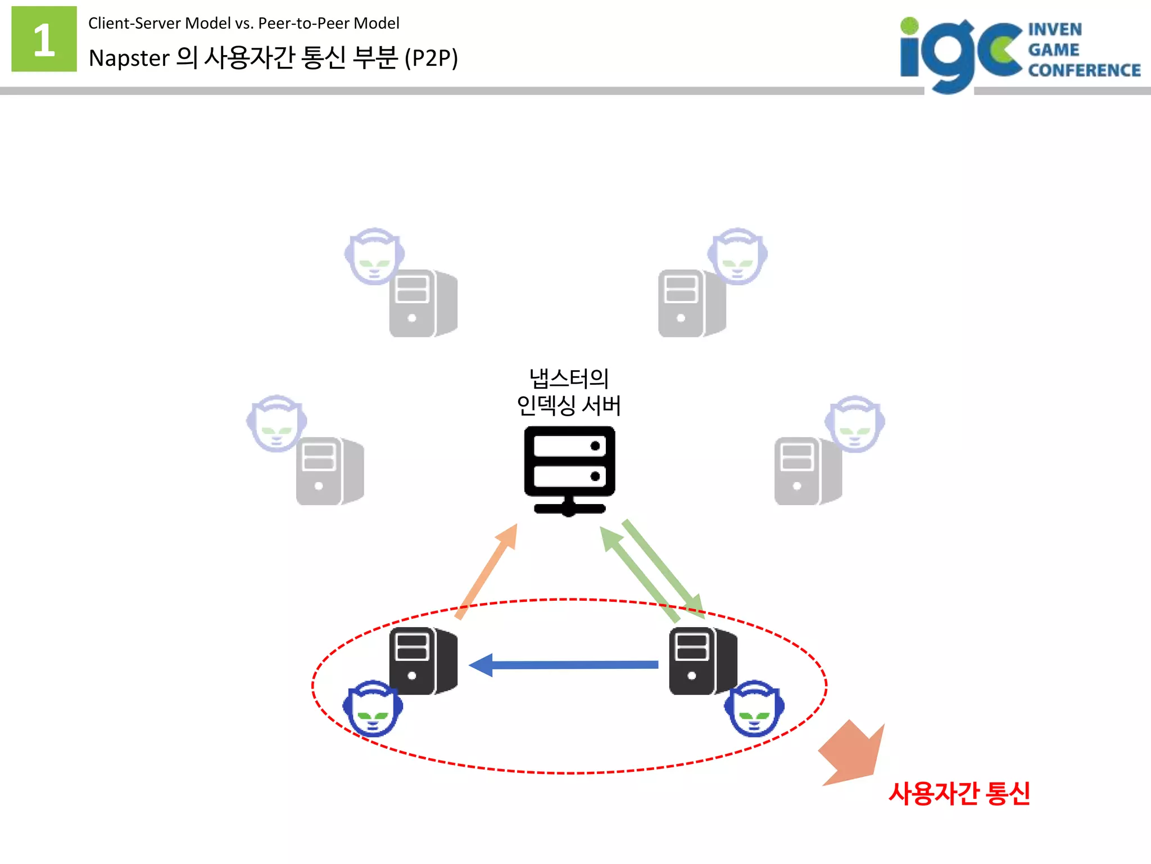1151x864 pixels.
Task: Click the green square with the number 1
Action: tap(44, 39)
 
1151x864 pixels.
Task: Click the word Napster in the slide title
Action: tap(129, 58)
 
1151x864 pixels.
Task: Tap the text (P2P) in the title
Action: tap(431, 58)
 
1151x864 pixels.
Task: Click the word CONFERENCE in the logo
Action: tap(1084, 70)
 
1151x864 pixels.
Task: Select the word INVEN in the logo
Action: tap(1054, 29)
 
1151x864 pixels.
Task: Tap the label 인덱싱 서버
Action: tap(569, 406)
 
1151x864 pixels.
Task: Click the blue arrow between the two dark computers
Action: tap(563, 665)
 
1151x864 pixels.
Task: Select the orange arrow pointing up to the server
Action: tap(487, 571)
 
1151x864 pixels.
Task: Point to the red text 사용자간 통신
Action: tap(959, 793)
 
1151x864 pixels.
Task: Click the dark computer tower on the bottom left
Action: tap(423, 661)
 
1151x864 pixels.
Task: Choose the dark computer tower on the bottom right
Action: tap(703, 661)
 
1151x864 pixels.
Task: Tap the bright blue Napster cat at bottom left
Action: tap(372, 708)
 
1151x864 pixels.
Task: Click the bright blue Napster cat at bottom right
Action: tap(754, 708)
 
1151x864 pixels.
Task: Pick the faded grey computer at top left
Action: tap(423, 304)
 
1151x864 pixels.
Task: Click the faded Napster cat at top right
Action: tap(737, 256)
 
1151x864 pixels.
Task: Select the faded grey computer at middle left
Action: tap(329, 471)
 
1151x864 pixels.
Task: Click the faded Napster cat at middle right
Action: tap(854, 424)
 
